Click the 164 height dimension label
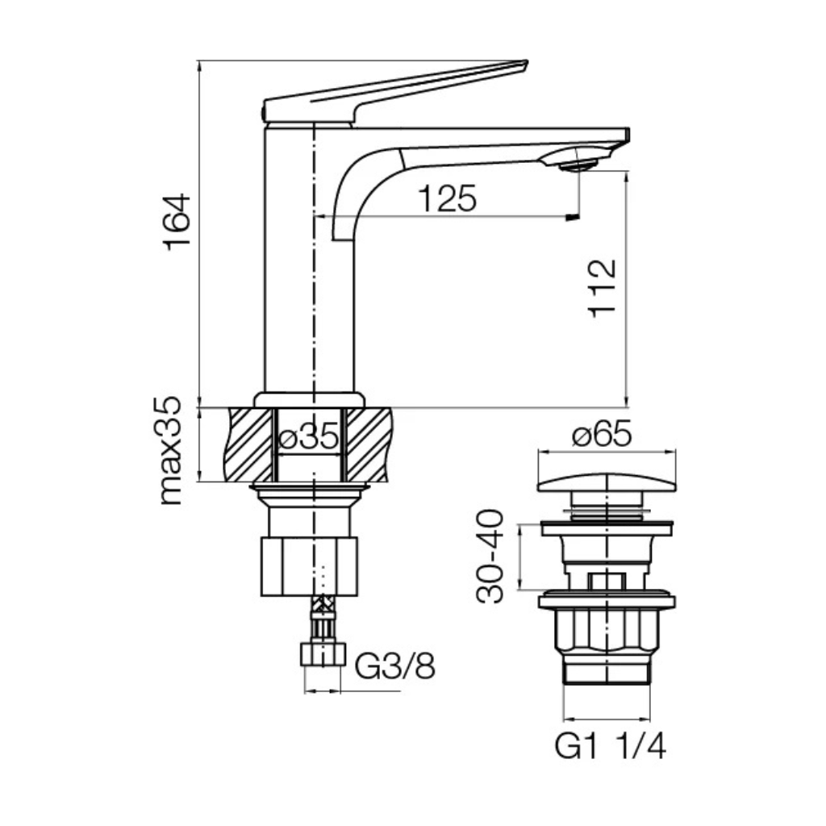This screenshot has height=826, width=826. coord(177,222)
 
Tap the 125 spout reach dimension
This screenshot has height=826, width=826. coord(447,198)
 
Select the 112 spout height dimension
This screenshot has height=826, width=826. coord(602,288)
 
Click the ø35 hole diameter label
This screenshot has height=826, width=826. coord(309,436)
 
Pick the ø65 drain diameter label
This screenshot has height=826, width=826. coord(602,435)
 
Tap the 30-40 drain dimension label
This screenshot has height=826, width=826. coord(490,556)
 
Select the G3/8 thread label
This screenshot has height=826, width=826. coord(395,665)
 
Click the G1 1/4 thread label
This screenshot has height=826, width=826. coord(610,746)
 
